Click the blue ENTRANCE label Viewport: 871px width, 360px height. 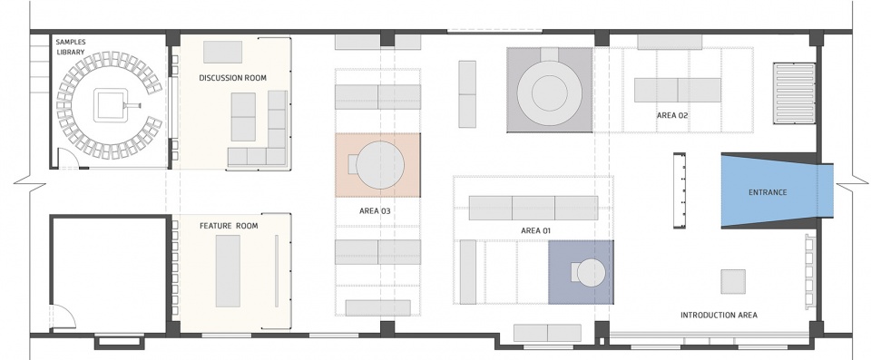[x=768, y=192]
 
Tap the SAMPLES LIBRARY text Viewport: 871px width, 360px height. [x=71, y=47]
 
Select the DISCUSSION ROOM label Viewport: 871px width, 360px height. [x=233, y=78]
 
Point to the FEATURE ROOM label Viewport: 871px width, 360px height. [x=229, y=226]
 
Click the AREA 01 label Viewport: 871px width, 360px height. [x=536, y=230]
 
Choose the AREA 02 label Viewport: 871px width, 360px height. [x=672, y=115]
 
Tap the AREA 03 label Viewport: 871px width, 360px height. [x=375, y=211]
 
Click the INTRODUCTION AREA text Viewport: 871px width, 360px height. [x=719, y=315]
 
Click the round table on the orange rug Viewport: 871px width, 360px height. [x=380, y=165]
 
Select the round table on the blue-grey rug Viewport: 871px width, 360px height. [x=591, y=273]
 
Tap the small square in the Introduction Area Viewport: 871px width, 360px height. [x=733, y=281]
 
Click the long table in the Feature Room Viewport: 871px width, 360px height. [x=228, y=270]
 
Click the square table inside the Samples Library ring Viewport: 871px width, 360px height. [x=112, y=105]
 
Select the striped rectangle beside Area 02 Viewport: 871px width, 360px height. [x=794, y=93]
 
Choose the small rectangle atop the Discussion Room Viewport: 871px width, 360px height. [x=222, y=52]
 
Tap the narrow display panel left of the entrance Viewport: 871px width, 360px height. [x=680, y=190]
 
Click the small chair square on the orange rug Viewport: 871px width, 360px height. [x=352, y=164]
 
